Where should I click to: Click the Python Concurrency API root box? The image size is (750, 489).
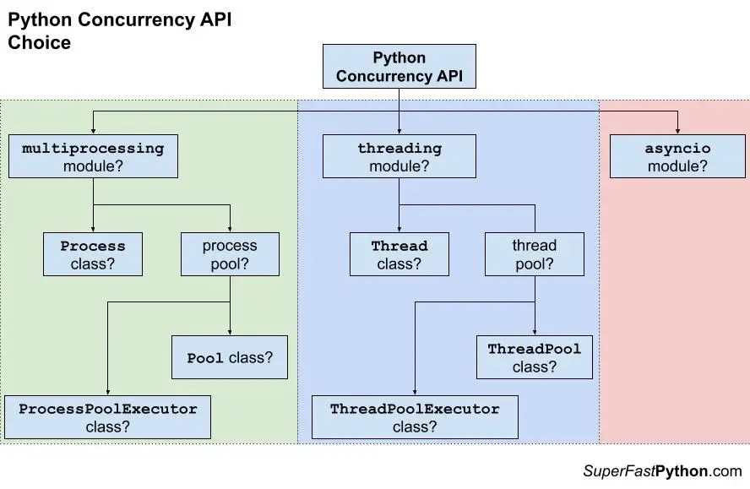399,67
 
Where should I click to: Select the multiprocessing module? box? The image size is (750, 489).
93,156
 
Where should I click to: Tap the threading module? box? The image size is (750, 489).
399,156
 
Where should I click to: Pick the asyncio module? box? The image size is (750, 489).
677,156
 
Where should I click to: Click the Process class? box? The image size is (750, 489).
93,254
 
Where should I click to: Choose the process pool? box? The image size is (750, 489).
230,254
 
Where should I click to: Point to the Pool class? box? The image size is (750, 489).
230,357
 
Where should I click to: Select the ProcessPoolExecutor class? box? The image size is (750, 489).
107,417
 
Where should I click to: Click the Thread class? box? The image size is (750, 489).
399,254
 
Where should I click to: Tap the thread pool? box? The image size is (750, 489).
534,254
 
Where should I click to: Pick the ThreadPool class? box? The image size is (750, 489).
534,357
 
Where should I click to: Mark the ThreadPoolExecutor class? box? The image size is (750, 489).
415,417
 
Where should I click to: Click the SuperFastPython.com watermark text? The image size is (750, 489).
661,471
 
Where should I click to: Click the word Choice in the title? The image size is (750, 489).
39,42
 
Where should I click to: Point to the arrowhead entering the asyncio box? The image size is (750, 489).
677,130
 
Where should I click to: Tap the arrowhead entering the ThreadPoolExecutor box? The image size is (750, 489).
415,391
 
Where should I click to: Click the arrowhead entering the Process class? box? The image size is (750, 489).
93,228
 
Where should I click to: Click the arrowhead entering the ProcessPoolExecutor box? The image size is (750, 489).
107,391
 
